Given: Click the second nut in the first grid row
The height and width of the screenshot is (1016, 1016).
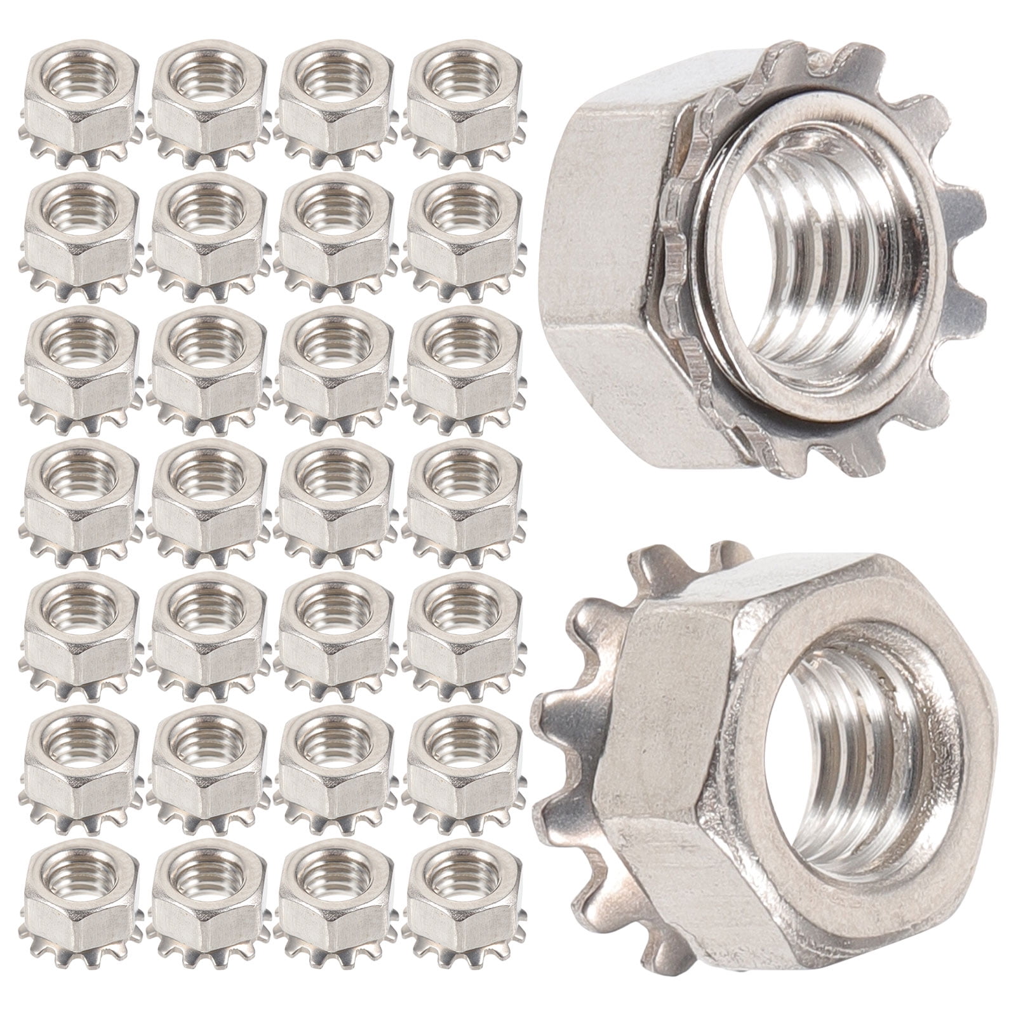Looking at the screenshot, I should pos(207,108).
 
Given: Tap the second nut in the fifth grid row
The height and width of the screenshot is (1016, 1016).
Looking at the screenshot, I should pos(207,629).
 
